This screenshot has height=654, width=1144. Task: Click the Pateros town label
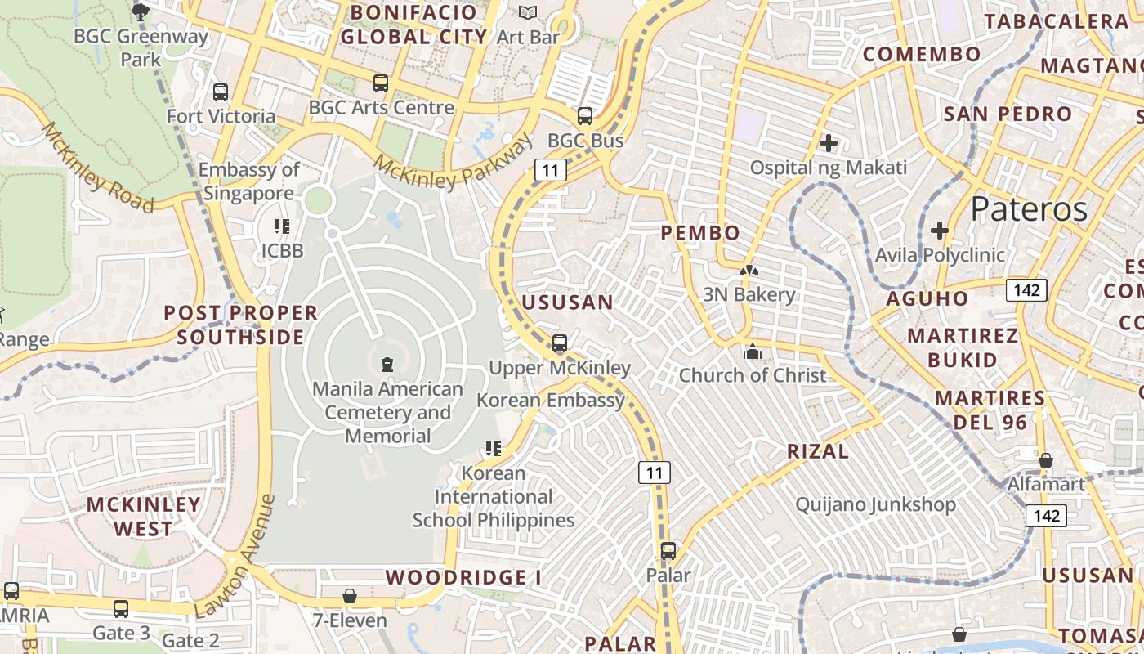tap(1029, 210)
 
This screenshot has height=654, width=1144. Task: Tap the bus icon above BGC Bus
tap(585, 116)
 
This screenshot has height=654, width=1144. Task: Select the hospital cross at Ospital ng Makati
tap(829, 144)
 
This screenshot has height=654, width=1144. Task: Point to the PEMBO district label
tap(700, 233)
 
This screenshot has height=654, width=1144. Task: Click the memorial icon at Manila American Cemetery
tap(387, 364)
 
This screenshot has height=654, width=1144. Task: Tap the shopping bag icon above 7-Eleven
tap(350, 596)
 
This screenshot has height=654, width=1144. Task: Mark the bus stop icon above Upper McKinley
tap(560, 343)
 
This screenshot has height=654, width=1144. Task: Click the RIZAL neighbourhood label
tap(818, 451)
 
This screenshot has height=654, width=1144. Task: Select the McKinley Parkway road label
tap(454, 167)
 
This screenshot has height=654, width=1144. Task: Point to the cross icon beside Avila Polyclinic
tap(940, 231)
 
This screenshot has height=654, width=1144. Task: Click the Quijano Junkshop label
tap(875, 504)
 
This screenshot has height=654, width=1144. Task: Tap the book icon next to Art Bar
tap(528, 12)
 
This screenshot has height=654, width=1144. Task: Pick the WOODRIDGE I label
tap(463, 577)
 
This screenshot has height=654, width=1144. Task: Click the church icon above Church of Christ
tap(752, 352)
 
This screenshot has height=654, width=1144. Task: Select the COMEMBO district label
tap(922, 55)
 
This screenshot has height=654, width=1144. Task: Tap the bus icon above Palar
tap(668, 551)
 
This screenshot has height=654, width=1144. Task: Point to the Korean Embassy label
tap(551, 400)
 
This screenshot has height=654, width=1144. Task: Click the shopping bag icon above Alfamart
tap(1045, 460)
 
